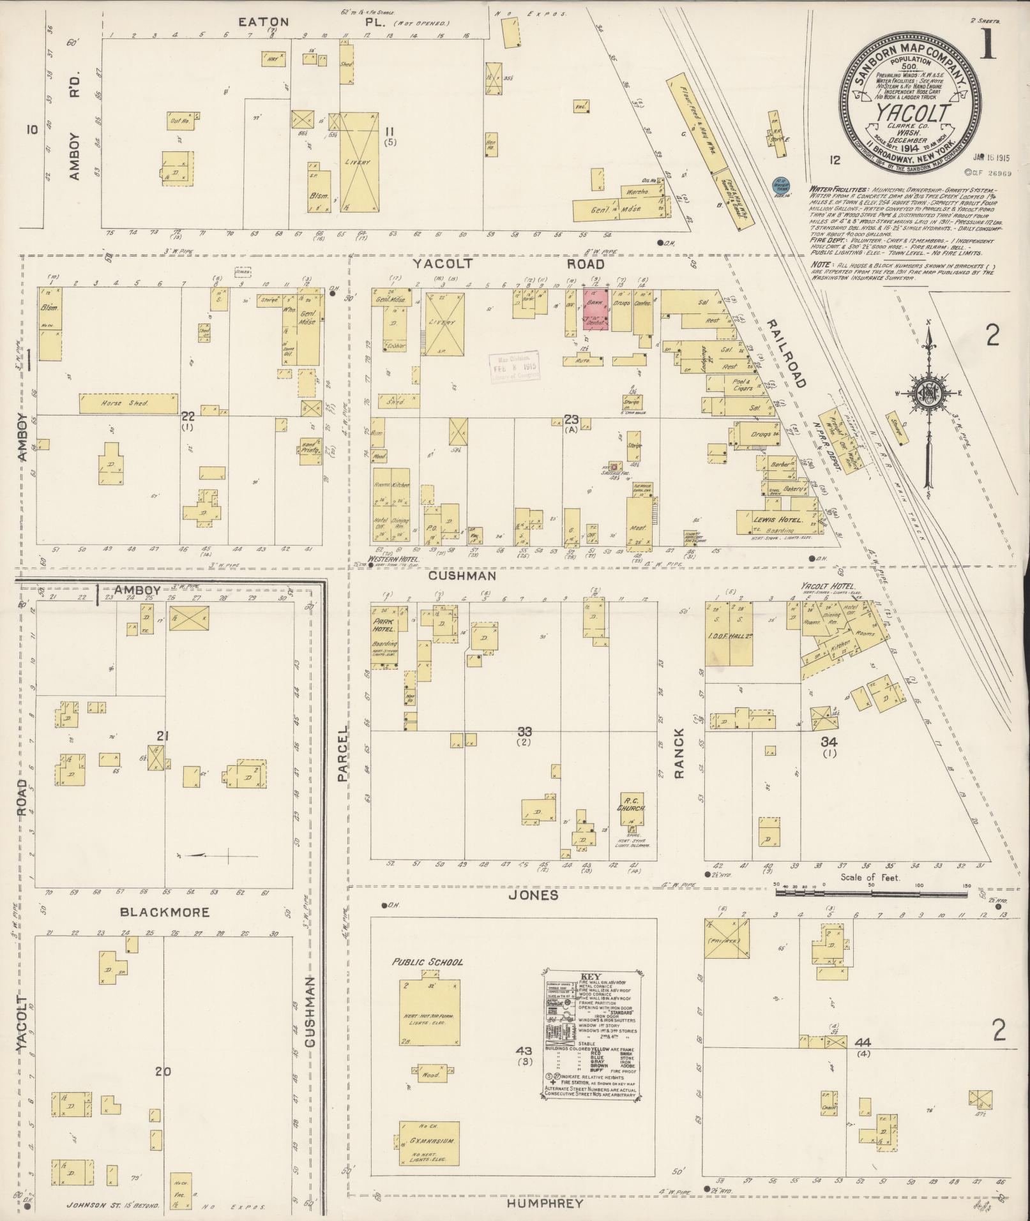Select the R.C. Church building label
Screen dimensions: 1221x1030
[635, 804]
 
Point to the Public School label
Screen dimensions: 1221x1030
[428, 962]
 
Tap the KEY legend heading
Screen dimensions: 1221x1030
[591, 994]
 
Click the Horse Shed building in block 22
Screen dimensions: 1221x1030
[128, 403]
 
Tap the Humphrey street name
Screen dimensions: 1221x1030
[545, 1203]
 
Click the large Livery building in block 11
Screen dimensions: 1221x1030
[358, 162]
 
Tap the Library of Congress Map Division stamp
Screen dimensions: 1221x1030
[515, 368]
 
